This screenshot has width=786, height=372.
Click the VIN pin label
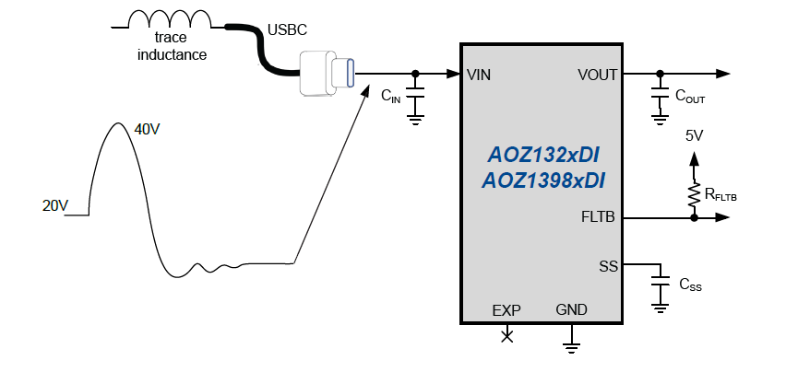point(479,75)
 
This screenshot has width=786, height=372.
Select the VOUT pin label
point(597,75)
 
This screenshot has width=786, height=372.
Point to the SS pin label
point(608,266)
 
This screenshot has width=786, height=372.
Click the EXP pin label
point(506,310)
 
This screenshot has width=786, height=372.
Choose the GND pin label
point(571,310)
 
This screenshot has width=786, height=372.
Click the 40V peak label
point(147,130)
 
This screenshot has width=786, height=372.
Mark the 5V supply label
point(694,135)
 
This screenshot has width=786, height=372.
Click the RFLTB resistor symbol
point(693,194)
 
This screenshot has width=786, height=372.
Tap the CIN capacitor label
point(391,95)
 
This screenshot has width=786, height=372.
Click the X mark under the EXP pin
point(506,336)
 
